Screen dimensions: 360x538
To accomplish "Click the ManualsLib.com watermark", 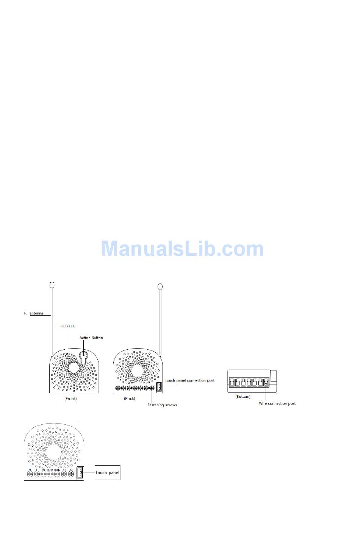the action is [x=182, y=249].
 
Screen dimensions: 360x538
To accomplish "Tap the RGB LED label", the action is [x=68, y=326].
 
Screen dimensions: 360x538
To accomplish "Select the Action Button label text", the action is [x=91, y=338].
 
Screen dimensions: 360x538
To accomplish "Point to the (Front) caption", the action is [x=70, y=399].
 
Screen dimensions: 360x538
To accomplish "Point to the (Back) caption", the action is [x=130, y=399].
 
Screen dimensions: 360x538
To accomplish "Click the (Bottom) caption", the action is [x=243, y=397].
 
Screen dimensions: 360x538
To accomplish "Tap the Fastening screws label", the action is [x=162, y=405].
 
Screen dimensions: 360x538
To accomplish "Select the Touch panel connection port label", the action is [x=189, y=380].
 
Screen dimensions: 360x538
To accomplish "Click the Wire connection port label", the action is [x=277, y=403].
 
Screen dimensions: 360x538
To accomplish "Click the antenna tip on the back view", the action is [x=160, y=286].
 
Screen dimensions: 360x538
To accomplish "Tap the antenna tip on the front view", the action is [x=52, y=285].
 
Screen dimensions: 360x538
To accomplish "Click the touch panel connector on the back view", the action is [x=159, y=386].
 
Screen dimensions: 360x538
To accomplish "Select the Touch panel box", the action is [x=107, y=472].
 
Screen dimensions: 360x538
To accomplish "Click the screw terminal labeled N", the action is [x=30, y=474].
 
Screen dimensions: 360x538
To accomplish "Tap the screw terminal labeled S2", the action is [x=71, y=474].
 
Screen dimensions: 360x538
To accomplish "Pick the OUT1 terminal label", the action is [x=50, y=470].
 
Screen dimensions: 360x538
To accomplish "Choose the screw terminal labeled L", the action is [x=37, y=474].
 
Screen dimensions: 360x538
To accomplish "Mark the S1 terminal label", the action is [x=64, y=470].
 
